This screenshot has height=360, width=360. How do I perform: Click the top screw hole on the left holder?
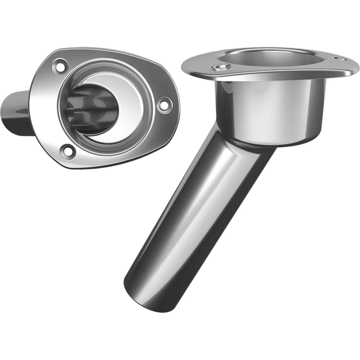59,66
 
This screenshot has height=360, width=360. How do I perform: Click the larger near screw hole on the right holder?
220,67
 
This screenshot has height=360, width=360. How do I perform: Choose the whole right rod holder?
238,162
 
